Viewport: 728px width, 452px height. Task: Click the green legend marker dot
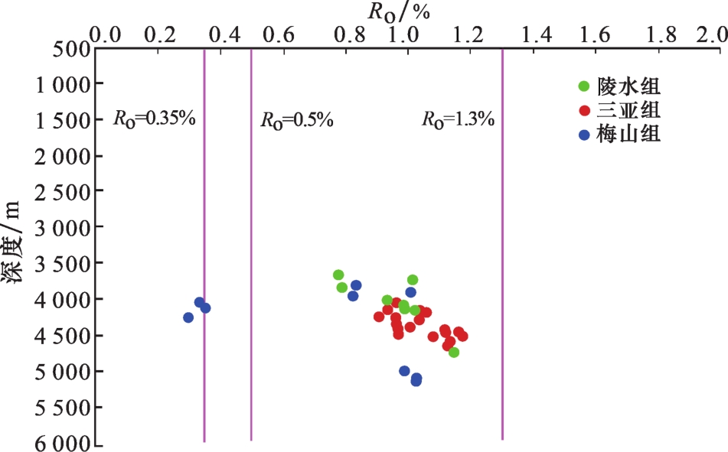[x=585, y=86]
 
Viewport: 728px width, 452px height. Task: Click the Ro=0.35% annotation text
[x=155, y=119]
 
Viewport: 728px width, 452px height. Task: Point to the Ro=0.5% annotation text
[x=296, y=120]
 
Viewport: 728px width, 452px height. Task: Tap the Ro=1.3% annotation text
[x=458, y=120]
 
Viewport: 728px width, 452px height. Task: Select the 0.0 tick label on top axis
[x=106, y=35]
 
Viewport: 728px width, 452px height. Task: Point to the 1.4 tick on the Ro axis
[x=536, y=35]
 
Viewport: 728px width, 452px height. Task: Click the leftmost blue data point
[x=188, y=317]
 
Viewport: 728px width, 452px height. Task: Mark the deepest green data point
[x=454, y=352]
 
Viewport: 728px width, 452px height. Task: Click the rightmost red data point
[x=462, y=336]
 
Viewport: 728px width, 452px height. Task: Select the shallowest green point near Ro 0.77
[x=338, y=275]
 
